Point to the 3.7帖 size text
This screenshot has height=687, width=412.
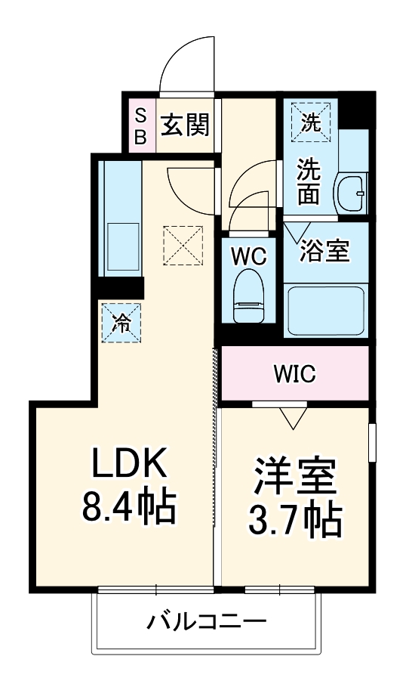pos(294,518)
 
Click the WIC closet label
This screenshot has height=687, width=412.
pos(294,373)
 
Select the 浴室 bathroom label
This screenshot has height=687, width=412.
pos(324,251)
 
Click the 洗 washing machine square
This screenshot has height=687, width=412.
pos(310,121)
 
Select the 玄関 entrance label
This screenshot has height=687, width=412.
pos(183,125)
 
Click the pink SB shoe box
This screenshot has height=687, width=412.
pos(141,125)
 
